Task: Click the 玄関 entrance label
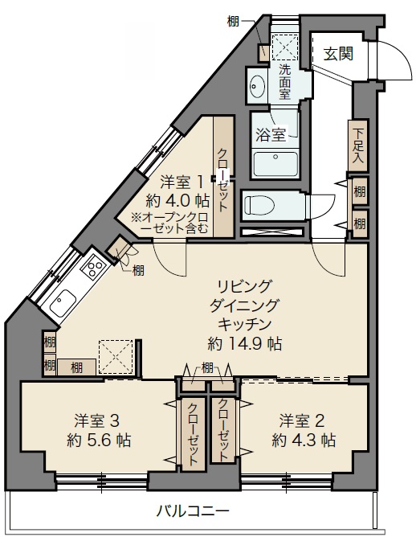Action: click(x=338, y=54)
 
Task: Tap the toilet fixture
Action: click(x=259, y=206)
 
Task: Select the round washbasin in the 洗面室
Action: click(x=256, y=86)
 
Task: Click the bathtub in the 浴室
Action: click(x=275, y=164)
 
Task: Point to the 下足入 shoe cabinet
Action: click(x=357, y=146)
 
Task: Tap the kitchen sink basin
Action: click(x=63, y=302)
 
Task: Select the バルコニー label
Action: click(x=193, y=511)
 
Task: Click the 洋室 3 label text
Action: click(x=97, y=421)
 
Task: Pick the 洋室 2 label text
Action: click(x=302, y=421)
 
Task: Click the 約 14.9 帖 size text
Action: click(x=245, y=343)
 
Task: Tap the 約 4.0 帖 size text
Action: click(x=177, y=201)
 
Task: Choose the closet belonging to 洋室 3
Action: click(x=193, y=434)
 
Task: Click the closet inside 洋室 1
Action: click(x=223, y=176)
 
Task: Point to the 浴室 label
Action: click(x=271, y=134)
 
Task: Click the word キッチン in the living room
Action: click(x=245, y=324)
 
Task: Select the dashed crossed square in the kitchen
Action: click(x=116, y=357)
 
